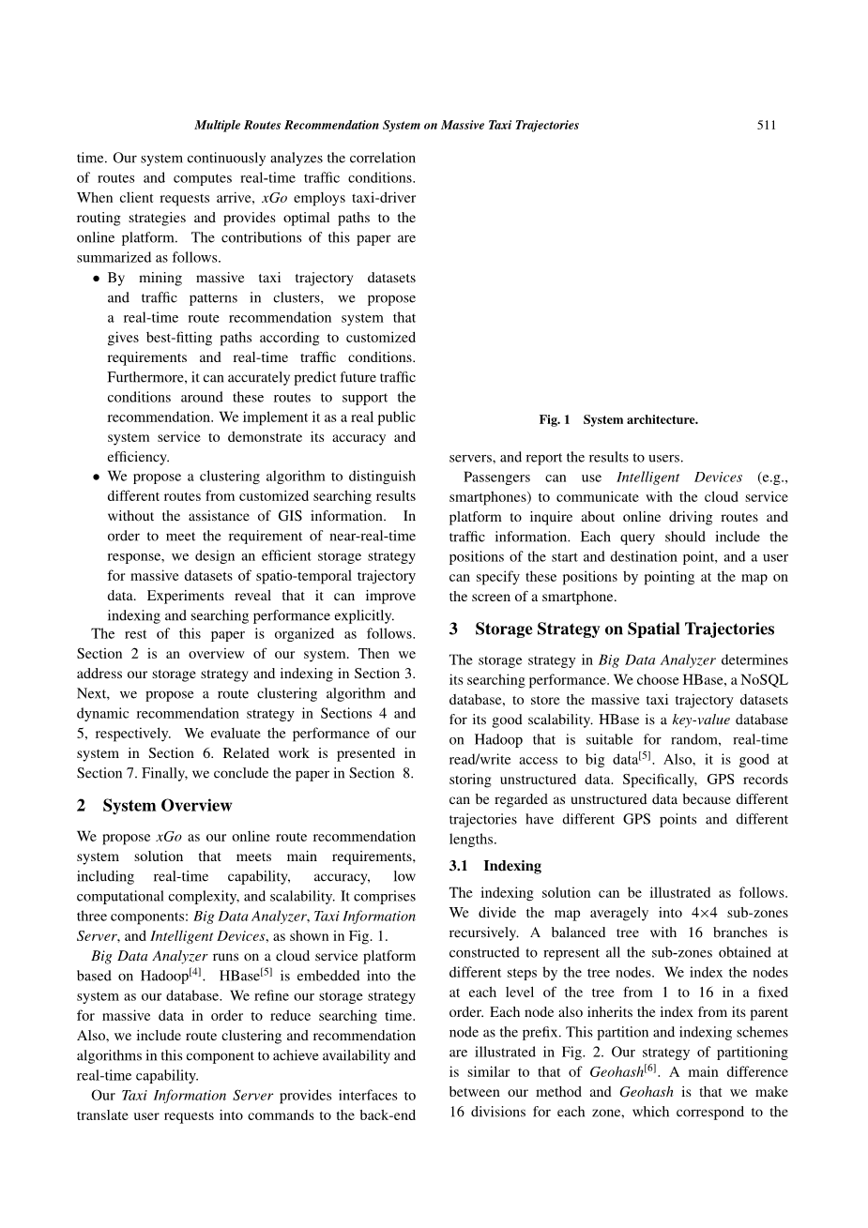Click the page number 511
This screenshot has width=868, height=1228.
coord(766,125)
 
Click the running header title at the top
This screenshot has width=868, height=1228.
coord(386,125)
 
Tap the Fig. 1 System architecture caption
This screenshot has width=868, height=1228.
coord(617,420)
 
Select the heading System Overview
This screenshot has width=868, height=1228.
coord(167,806)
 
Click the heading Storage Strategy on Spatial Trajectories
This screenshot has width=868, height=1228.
coord(624,629)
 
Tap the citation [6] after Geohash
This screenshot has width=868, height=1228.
coord(650,1069)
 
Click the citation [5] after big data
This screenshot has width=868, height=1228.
coord(645,756)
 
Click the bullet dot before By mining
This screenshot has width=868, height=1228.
coord(97,279)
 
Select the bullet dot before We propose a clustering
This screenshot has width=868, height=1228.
coord(97,478)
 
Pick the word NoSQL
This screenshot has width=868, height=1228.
coord(765,680)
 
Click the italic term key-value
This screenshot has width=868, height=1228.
coord(701,720)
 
